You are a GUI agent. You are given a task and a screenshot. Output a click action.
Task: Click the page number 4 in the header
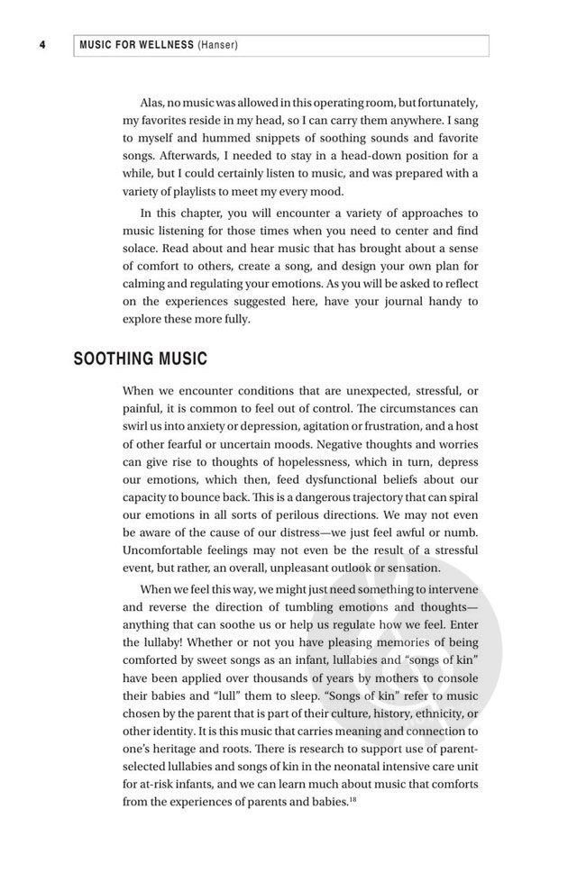42,45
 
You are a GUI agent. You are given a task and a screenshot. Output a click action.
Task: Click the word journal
398,301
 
